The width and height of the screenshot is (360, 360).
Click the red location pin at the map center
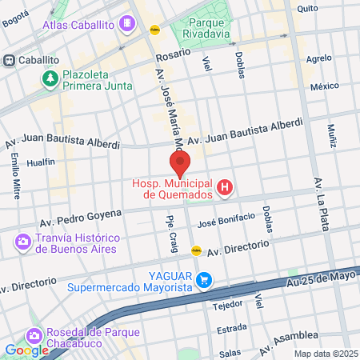[x=180, y=163]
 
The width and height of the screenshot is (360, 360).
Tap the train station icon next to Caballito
[x=10, y=60]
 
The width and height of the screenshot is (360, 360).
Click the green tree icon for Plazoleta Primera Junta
[x=50, y=78]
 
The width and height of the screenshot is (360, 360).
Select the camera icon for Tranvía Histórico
[x=22, y=242]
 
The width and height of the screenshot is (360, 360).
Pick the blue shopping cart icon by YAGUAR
[x=206, y=279]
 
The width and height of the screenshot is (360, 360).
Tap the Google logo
[x=26, y=350]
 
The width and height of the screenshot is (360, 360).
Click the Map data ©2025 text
[x=326, y=354]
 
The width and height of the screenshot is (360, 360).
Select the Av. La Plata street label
[x=323, y=203]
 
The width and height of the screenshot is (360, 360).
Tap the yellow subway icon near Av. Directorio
[x=196, y=250]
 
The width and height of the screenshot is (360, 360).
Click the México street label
[x=325, y=86]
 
